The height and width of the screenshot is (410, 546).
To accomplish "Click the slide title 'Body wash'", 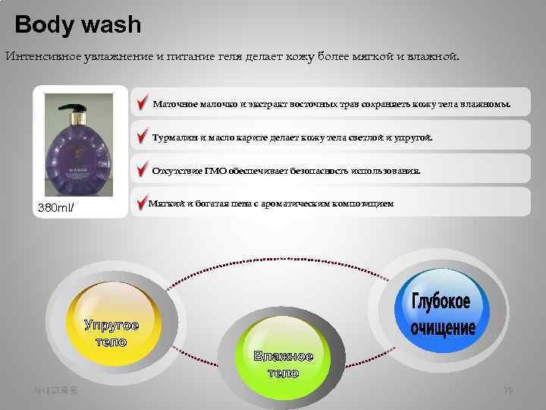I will click(x=78, y=25).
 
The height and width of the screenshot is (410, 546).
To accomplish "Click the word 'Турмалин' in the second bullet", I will click(x=174, y=138).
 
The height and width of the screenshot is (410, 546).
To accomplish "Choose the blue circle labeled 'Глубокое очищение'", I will click(x=442, y=314).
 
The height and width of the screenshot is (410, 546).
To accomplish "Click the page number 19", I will click(x=508, y=390).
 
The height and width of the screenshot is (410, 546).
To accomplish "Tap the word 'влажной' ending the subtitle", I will click(x=432, y=56).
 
